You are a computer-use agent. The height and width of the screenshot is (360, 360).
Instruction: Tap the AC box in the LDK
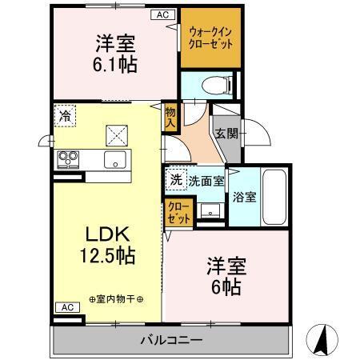[x=66, y=307]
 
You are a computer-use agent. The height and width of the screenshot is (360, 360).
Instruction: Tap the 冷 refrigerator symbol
[x=64, y=115]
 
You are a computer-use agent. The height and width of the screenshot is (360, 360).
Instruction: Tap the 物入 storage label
[x=170, y=118]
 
